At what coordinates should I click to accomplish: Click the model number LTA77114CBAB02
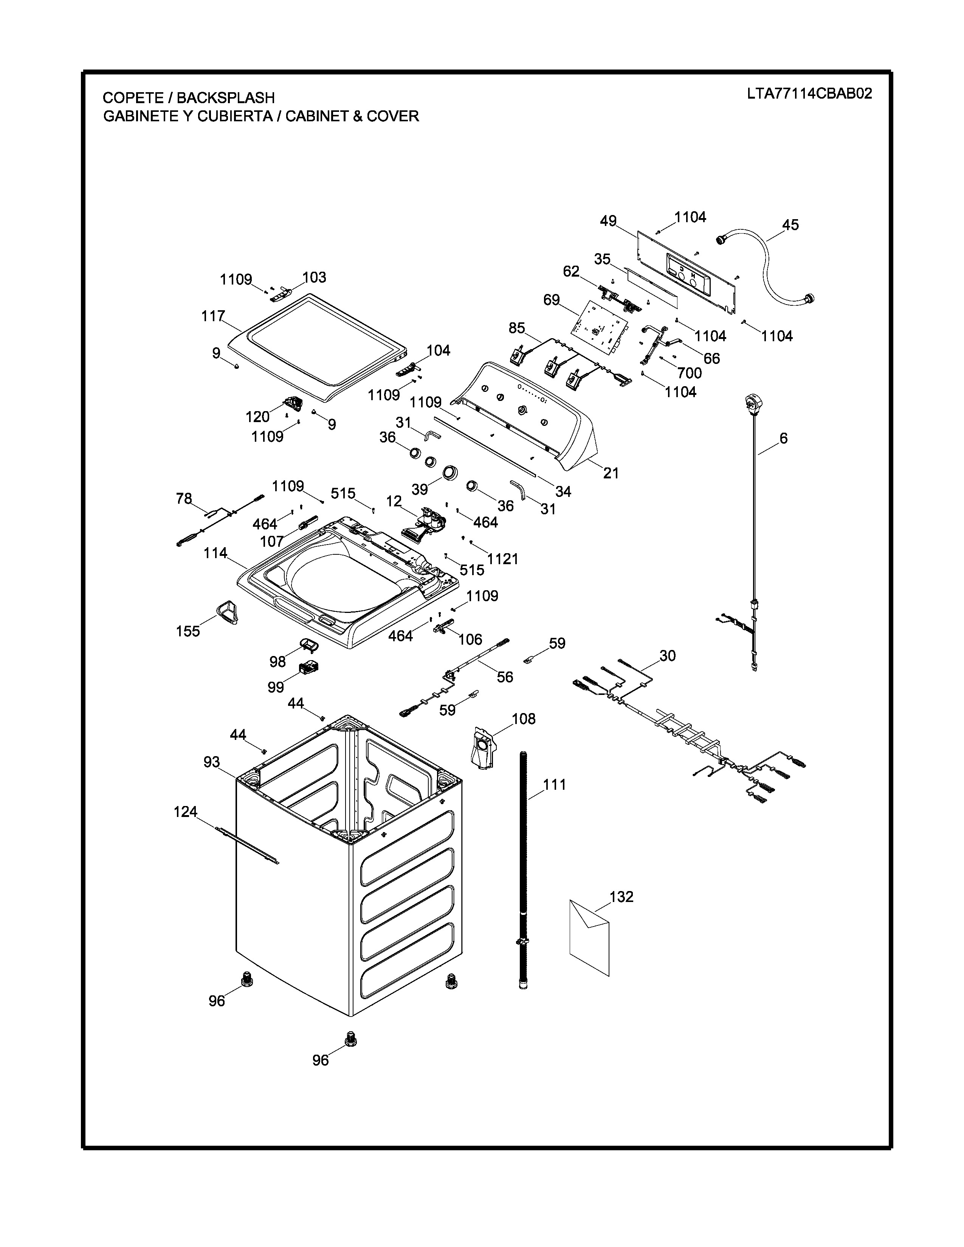[x=809, y=94]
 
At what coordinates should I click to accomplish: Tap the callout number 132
[x=621, y=897]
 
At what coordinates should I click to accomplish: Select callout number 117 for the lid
[x=213, y=316]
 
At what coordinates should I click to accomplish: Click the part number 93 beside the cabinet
[x=212, y=762]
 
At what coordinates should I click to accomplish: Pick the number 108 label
[x=524, y=719]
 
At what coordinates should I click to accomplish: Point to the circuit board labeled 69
[x=600, y=325]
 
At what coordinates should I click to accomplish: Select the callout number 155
[x=188, y=631]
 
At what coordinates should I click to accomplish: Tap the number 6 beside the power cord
[x=784, y=438]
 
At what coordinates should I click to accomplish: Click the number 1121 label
[x=502, y=559]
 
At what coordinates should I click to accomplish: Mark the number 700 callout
[x=689, y=373]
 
